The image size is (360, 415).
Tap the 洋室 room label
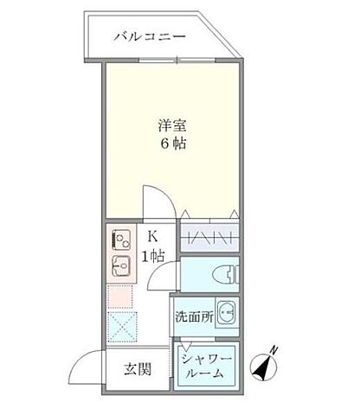click(x=170, y=124)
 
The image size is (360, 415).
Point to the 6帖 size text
click(x=170, y=144)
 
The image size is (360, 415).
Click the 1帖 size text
click(x=153, y=255)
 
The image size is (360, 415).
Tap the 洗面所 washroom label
click(x=193, y=316)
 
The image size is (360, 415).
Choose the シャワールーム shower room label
click(x=207, y=367)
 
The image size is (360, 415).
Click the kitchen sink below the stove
click(x=119, y=263)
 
